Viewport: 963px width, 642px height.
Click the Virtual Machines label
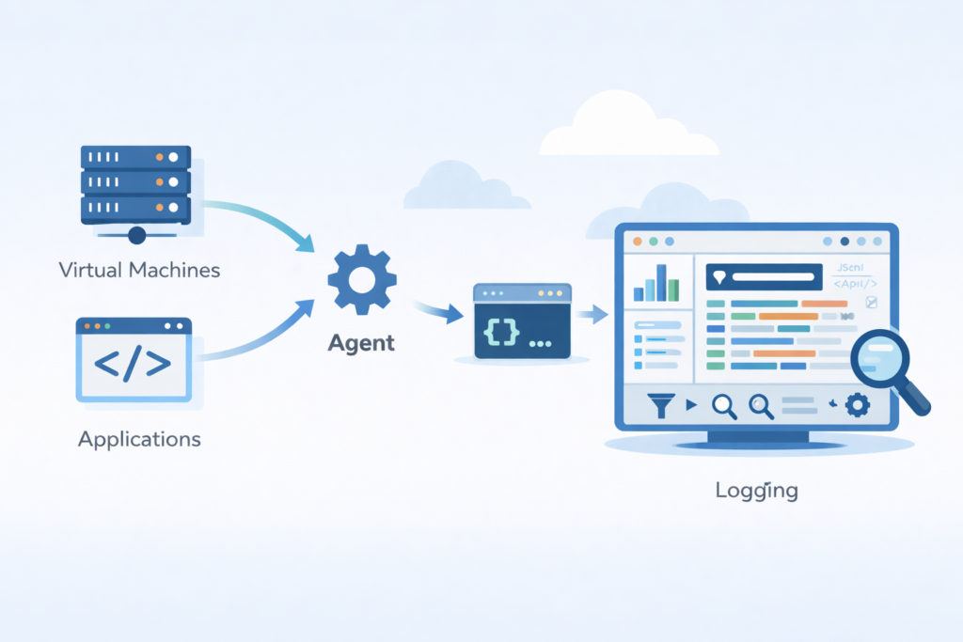pyautogui.click(x=139, y=270)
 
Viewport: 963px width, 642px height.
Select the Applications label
pyautogui.click(x=139, y=439)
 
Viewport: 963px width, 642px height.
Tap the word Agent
pyautogui.click(x=361, y=343)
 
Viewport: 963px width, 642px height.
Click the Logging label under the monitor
pyautogui.click(x=756, y=490)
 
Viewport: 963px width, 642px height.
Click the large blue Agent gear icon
pyautogui.click(x=361, y=278)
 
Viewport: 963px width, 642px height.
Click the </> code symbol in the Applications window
pyautogui.click(x=134, y=362)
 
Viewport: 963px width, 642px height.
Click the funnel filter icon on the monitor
pyautogui.click(x=663, y=405)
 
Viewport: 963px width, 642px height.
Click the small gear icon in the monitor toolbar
pyautogui.click(x=857, y=405)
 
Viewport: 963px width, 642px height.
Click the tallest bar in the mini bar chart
pyautogui.click(x=661, y=282)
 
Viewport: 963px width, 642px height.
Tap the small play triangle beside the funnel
pyautogui.click(x=691, y=406)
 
